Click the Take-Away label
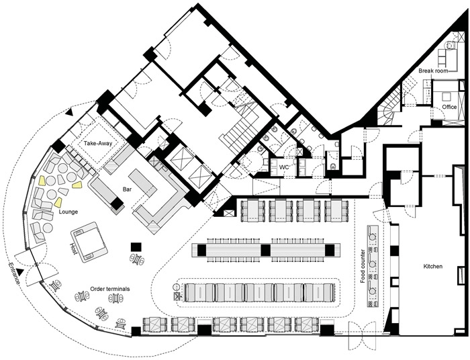tap(98, 143)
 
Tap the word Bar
tap(127, 189)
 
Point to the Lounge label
tap(68, 212)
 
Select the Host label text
tap(73, 249)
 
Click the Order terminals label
tap(110, 289)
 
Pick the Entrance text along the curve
tap(14, 273)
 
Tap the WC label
tap(284, 167)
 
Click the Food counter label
tap(363, 266)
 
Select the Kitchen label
tap(433, 266)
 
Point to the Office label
tap(449, 107)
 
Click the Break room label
tap(433, 71)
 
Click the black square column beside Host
tap(136, 247)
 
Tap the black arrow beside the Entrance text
tap(20, 272)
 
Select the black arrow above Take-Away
tap(70, 112)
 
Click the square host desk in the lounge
tap(89, 242)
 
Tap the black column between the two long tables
tap(266, 250)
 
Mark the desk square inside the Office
tap(446, 97)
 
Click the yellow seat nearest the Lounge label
tap(59, 203)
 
